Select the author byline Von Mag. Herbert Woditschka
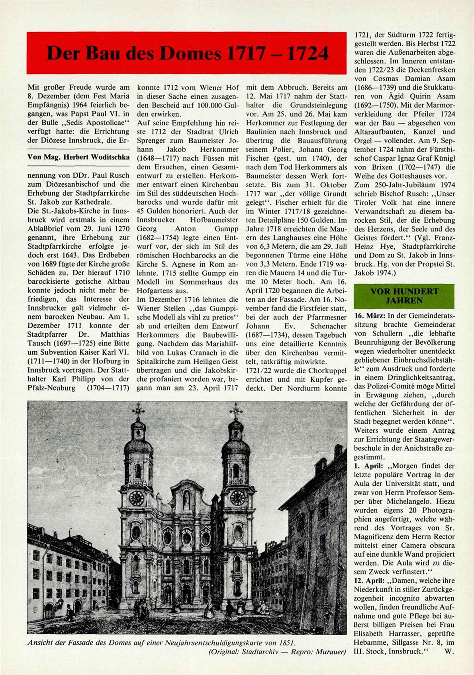pyautogui.click(x=78, y=157)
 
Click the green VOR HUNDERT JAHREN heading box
pyautogui.click(x=404, y=296)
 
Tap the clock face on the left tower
pyautogui.click(x=136, y=498)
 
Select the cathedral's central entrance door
pyautogui.click(x=186, y=594)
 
